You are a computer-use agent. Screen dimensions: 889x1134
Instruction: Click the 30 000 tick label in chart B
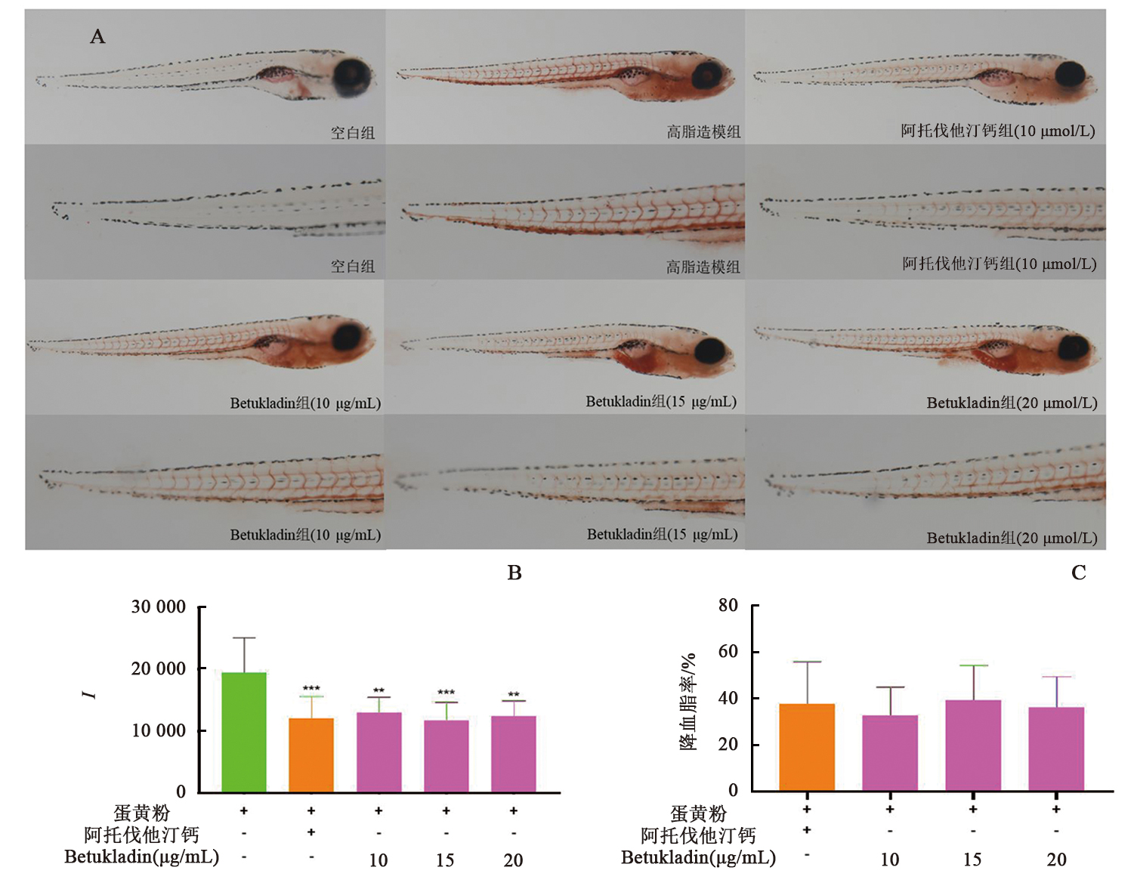(x=158, y=607)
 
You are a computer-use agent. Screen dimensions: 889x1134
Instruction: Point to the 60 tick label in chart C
(x=728, y=651)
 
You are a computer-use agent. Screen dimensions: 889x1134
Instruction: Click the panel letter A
(x=97, y=36)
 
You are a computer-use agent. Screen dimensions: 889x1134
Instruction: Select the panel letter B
(x=514, y=573)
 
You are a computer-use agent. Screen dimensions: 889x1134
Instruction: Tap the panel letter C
(x=1079, y=573)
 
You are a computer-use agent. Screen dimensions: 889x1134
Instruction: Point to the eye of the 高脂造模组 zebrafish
(x=707, y=76)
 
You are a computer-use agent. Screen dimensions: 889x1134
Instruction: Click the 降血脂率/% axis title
(x=688, y=701)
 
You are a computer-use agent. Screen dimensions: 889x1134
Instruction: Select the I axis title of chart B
(x=90, y=694)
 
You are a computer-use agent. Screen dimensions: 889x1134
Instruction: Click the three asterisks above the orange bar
(x=311, y=689)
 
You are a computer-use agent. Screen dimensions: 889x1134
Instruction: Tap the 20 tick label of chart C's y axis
(x=728, y=744)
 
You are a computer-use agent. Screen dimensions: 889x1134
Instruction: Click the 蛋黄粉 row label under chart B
(x=142, y=813)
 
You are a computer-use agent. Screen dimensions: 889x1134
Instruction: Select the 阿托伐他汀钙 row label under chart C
(x=698, y=835)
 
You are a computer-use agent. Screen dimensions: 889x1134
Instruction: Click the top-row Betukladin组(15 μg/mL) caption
(x=661, y=401)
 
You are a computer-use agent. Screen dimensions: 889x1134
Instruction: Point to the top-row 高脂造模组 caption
(x=703, y=132)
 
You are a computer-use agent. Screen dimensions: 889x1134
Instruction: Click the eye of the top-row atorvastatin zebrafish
(x=1071, y=74)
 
